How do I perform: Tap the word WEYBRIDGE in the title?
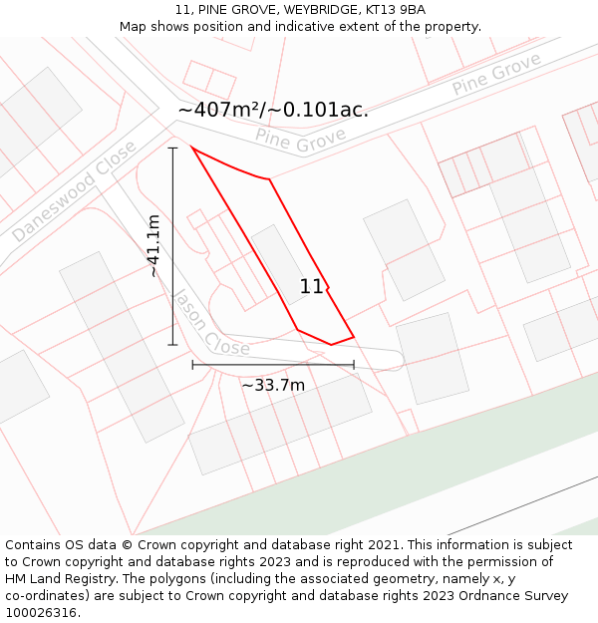click(x=317, y=10)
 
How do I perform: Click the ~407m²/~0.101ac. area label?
click(x=273, y=110)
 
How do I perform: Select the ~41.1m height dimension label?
click(x=153, y=246)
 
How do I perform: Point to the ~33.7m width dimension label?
click(x=273, y=385)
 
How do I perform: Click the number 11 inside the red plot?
click(x=311, y=287)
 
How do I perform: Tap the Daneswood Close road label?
click(x=74, y=191)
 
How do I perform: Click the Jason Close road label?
click(x=209, y=323)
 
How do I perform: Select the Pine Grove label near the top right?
click(x=495, y=74)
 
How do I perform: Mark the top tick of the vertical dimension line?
click(x=172, y=148)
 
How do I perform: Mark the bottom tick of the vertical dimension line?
click(x=172, y=345)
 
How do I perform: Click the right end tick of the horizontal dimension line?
click(x=354, y=365)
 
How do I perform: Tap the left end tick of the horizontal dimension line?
click(x=192, y=365)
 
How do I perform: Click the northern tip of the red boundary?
click(x=191, y=148)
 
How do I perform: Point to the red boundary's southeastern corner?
click(x=354, y=337)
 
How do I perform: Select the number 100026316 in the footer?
click(x=42, y=613)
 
